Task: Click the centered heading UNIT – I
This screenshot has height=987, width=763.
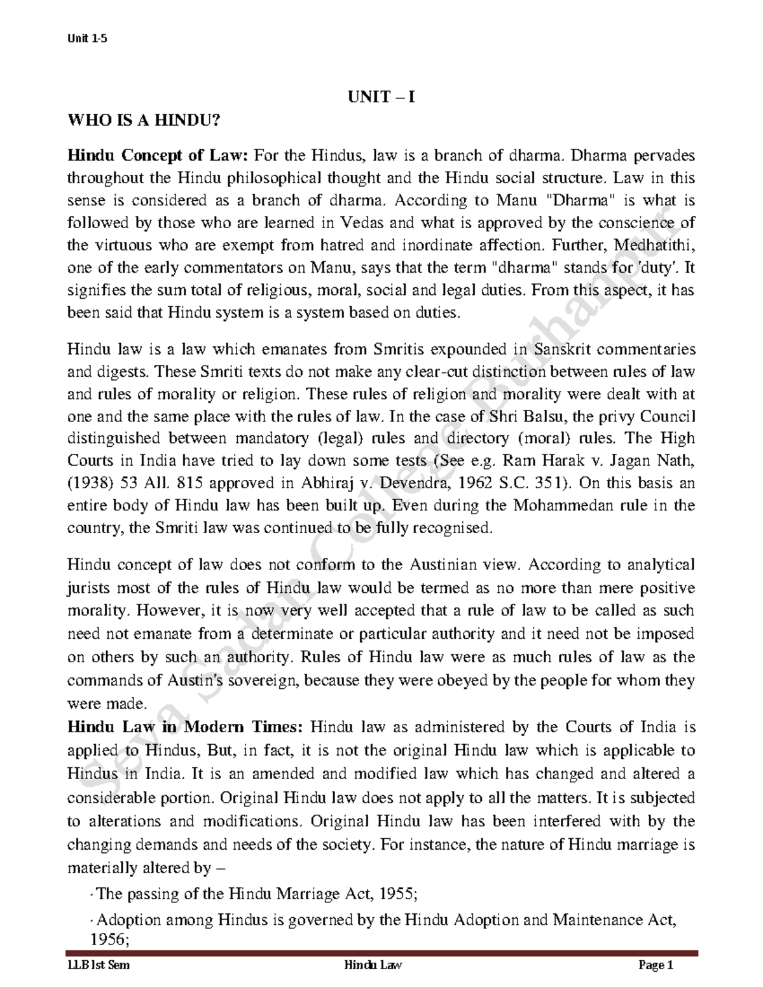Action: [x=381, y=97]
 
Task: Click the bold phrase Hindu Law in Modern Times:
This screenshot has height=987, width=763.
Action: [x=188, y=727]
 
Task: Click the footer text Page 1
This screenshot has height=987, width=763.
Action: [x=656, y=966]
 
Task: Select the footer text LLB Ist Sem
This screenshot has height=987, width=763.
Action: [x=99, y=966]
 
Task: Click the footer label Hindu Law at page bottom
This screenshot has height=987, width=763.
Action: [x=373, y=966]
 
